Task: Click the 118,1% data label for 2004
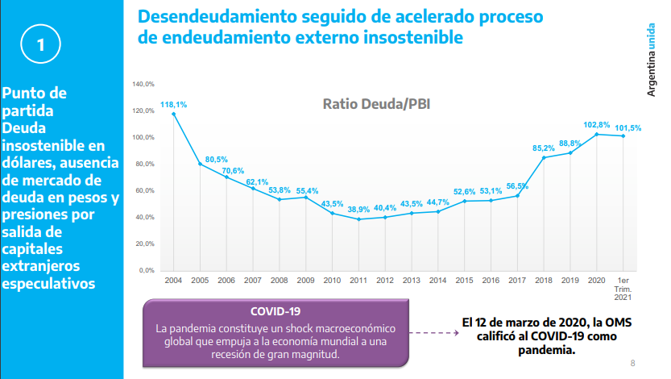click(174, 105)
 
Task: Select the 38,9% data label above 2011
click(358, 210)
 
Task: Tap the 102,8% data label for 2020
click(596, 125)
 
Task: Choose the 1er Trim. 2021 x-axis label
click(623, 287)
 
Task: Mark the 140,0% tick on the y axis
click(143, 84)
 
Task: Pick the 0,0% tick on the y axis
click(147, 270)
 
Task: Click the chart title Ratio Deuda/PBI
click(376, 103)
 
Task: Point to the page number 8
click(633, 362)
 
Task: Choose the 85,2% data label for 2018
click(544, 148)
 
